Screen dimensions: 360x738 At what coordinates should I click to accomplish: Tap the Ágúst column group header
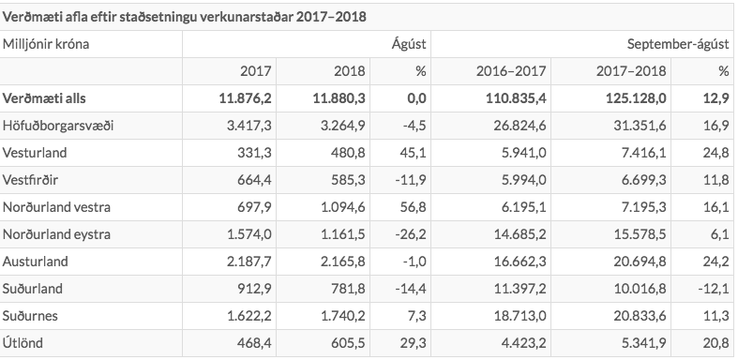point(409,43)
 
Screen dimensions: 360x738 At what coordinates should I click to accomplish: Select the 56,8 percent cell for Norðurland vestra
point(413,207)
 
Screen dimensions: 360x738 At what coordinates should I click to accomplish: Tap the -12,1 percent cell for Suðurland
point(711,289)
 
